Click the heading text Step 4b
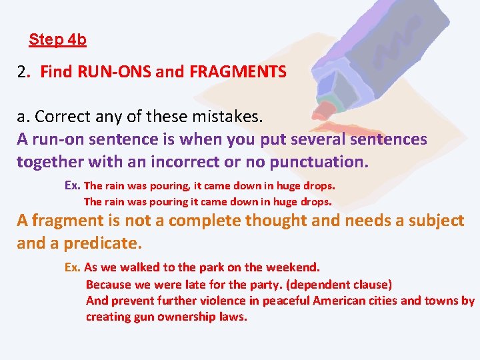tap(57, 39)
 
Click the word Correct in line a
tap(61, 117)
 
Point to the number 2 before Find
tap(22, 71)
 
